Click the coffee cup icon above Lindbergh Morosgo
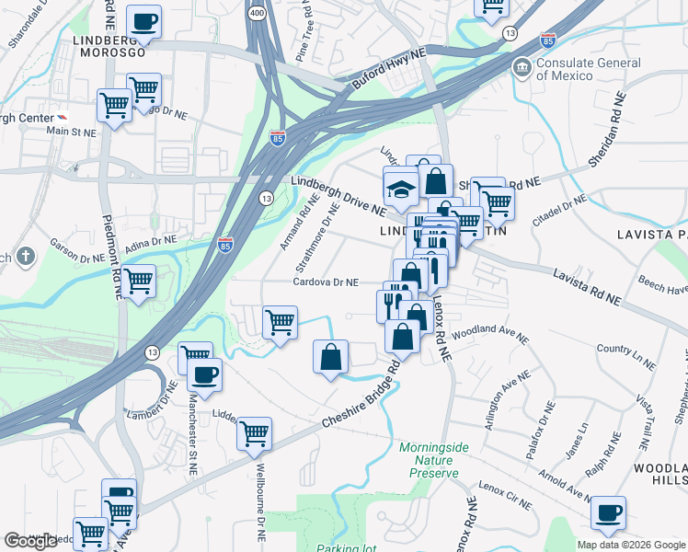(x=143, y=21)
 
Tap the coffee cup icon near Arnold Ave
(x=607, y=513)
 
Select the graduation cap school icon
(x=401, y=189)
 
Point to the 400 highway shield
(x=256, y=15)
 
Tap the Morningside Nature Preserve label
(x=429, y=460)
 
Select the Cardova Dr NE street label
(x=327, y=282)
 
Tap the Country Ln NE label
(x=626, y=357)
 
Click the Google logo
(x=31, y=541)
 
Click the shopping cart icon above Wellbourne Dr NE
(x=254, y=432)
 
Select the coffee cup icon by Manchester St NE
(x=204, y=374)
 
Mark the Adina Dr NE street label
(x=151, y=244)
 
